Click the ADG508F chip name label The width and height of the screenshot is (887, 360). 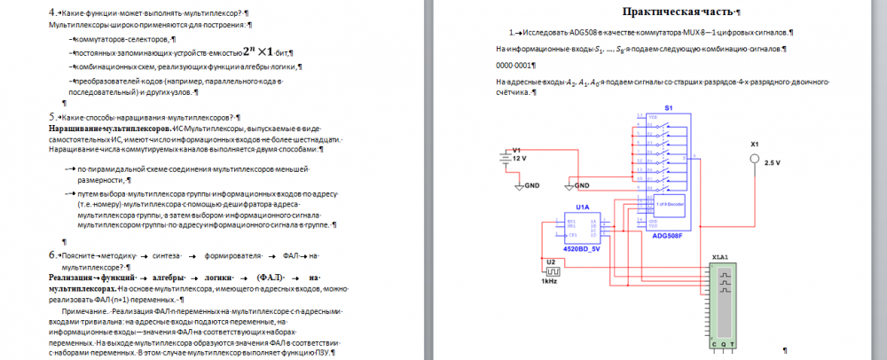[667, 237]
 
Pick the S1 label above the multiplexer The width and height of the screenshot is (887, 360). [669, 107]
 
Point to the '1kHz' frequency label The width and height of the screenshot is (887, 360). [549, 281]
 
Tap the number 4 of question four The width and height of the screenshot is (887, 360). [52, 12]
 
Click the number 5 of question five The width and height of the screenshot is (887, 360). [52, 116]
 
